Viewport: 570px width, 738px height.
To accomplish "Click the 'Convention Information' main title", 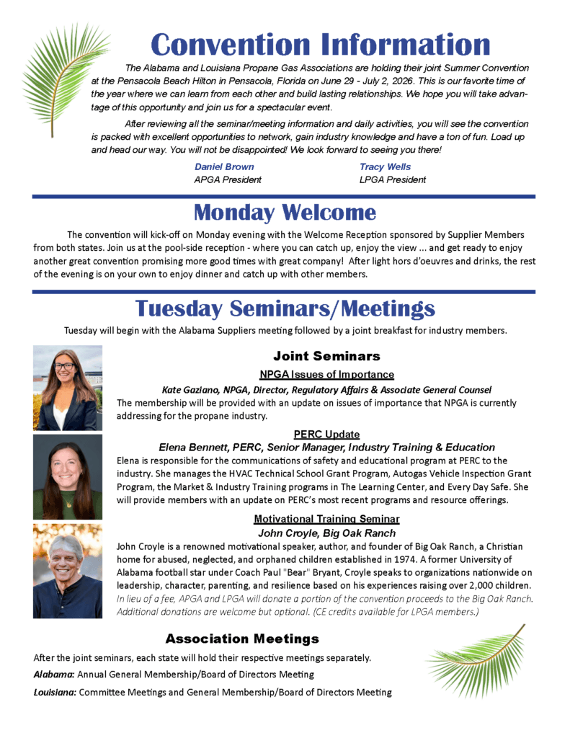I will (x=320, y=45).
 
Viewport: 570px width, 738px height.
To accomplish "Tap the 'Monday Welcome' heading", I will (x=285, y=213).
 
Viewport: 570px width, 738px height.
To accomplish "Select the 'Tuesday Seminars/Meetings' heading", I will (x=285, y=308).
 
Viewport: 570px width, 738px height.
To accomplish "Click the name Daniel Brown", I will (x=224, y=166).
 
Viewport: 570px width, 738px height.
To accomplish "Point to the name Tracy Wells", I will (x=385, y=166).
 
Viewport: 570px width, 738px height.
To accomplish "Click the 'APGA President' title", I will (x=228, y=179).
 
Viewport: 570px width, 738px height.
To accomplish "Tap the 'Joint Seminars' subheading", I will (x=326, y=356).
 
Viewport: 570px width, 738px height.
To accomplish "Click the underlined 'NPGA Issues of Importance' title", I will (x=326, y=374).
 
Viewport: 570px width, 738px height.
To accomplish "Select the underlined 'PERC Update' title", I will (x=326, y=434).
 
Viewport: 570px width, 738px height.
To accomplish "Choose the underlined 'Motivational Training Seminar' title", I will (x=326, y=519).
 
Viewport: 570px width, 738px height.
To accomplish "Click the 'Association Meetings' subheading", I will (x=242, y=639).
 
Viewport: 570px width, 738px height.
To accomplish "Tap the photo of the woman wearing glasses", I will (x=68, y=388).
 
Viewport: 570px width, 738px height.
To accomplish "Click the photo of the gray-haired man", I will (x=68, y=572).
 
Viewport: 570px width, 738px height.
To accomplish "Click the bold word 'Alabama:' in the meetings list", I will (x=54, y=675).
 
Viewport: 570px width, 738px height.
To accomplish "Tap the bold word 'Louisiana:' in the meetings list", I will (x=55, y=692).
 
